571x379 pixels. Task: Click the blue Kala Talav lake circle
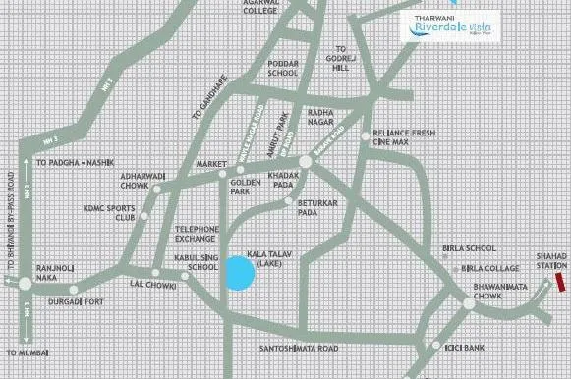[240, 273]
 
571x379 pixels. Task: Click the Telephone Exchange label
[196, 232]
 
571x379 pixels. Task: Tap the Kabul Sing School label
[194, 260]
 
